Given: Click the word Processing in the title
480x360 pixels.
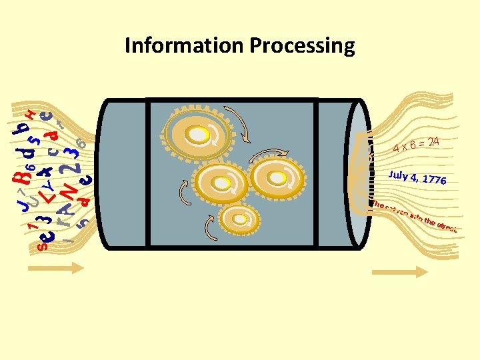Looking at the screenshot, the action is (302, 46).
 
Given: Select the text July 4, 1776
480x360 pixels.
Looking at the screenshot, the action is (417, 177).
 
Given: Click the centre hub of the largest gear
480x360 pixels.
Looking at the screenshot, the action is (199, 135).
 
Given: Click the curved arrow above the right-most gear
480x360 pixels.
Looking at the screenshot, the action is (269, 153).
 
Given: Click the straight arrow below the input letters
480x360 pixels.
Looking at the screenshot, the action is (56, 268).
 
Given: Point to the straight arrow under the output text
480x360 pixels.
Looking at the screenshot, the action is (399, 271).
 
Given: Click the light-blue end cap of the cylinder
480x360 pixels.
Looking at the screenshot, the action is (359, 173).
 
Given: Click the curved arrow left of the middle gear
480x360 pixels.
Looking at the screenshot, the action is (185, 194).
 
